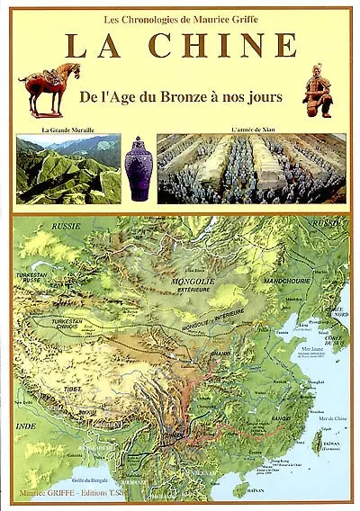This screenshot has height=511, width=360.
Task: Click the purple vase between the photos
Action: click(138, 168)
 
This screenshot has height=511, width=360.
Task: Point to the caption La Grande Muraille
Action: click(67, 131)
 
